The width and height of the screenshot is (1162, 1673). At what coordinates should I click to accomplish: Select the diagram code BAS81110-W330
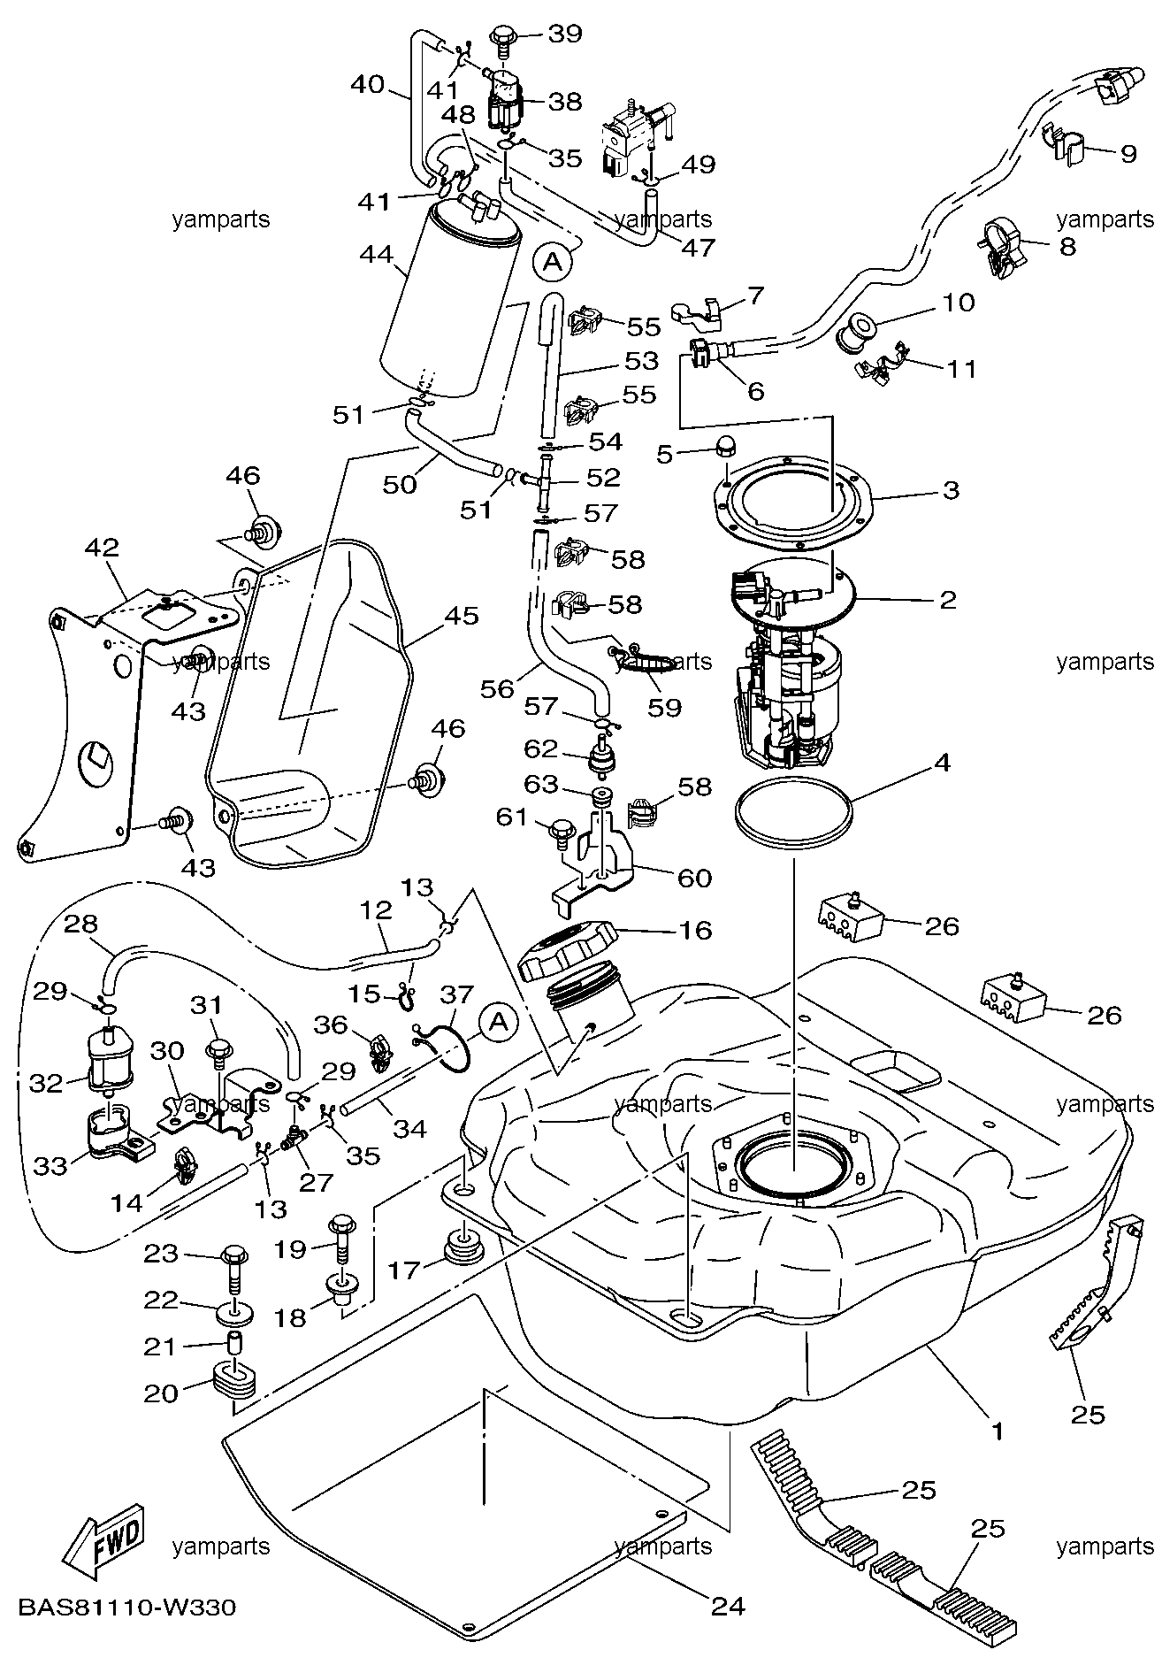(126, 1605)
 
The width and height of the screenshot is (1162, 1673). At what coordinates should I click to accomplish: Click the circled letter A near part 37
(499, 1022)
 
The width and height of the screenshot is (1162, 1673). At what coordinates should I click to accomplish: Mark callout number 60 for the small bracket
(694, 878)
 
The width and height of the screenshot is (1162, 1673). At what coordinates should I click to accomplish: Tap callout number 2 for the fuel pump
(948, 600)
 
